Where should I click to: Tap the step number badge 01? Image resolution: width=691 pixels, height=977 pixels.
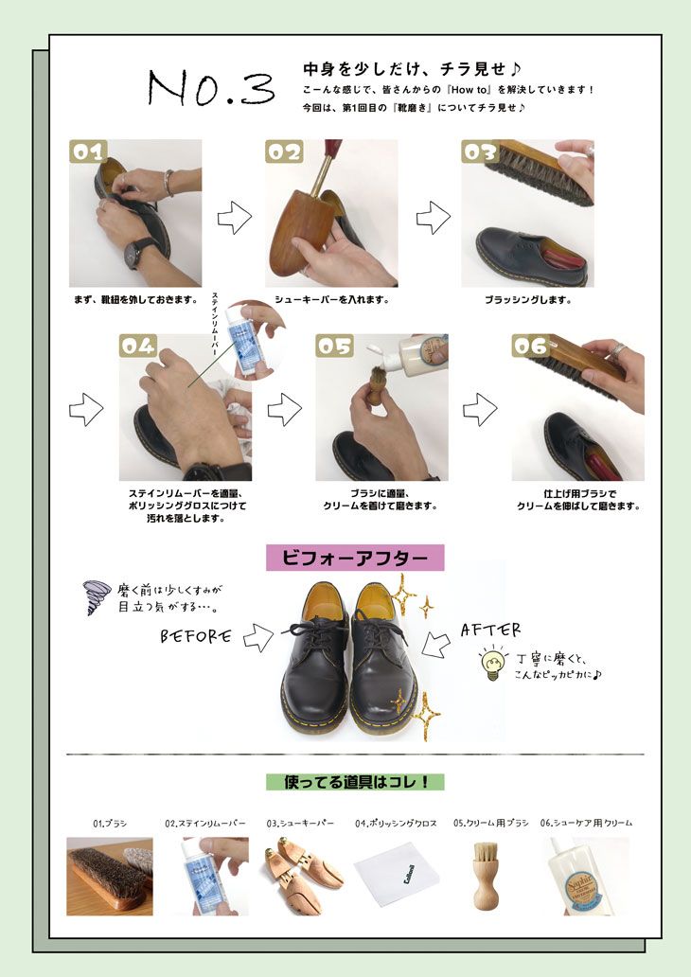click(88, 151)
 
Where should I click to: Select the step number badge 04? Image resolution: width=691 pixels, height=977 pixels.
click(138, 346)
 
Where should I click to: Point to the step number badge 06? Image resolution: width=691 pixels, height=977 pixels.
click(531, 346)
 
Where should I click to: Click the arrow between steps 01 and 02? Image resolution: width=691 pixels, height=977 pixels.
click(235, 218)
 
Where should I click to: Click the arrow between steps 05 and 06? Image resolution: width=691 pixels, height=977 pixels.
click(480, 409)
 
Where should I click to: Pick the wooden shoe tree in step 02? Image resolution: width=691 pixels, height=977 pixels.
click(298, 224)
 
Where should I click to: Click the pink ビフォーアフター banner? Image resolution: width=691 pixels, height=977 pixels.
click(355, 558)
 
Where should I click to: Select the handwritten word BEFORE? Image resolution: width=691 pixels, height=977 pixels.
click(196, 636)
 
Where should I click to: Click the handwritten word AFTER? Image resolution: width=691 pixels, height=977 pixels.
click(490, 630)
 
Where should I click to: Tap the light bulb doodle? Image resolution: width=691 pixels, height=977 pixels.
click(492, 663)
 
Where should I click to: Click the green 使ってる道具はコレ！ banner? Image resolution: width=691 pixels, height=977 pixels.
click(355, 782)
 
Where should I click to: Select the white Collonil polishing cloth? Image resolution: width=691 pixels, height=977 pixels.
click(397, 873)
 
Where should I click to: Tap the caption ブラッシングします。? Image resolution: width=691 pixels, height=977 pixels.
click(528, 300)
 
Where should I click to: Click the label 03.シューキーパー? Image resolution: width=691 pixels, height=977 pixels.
click(300, 823)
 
